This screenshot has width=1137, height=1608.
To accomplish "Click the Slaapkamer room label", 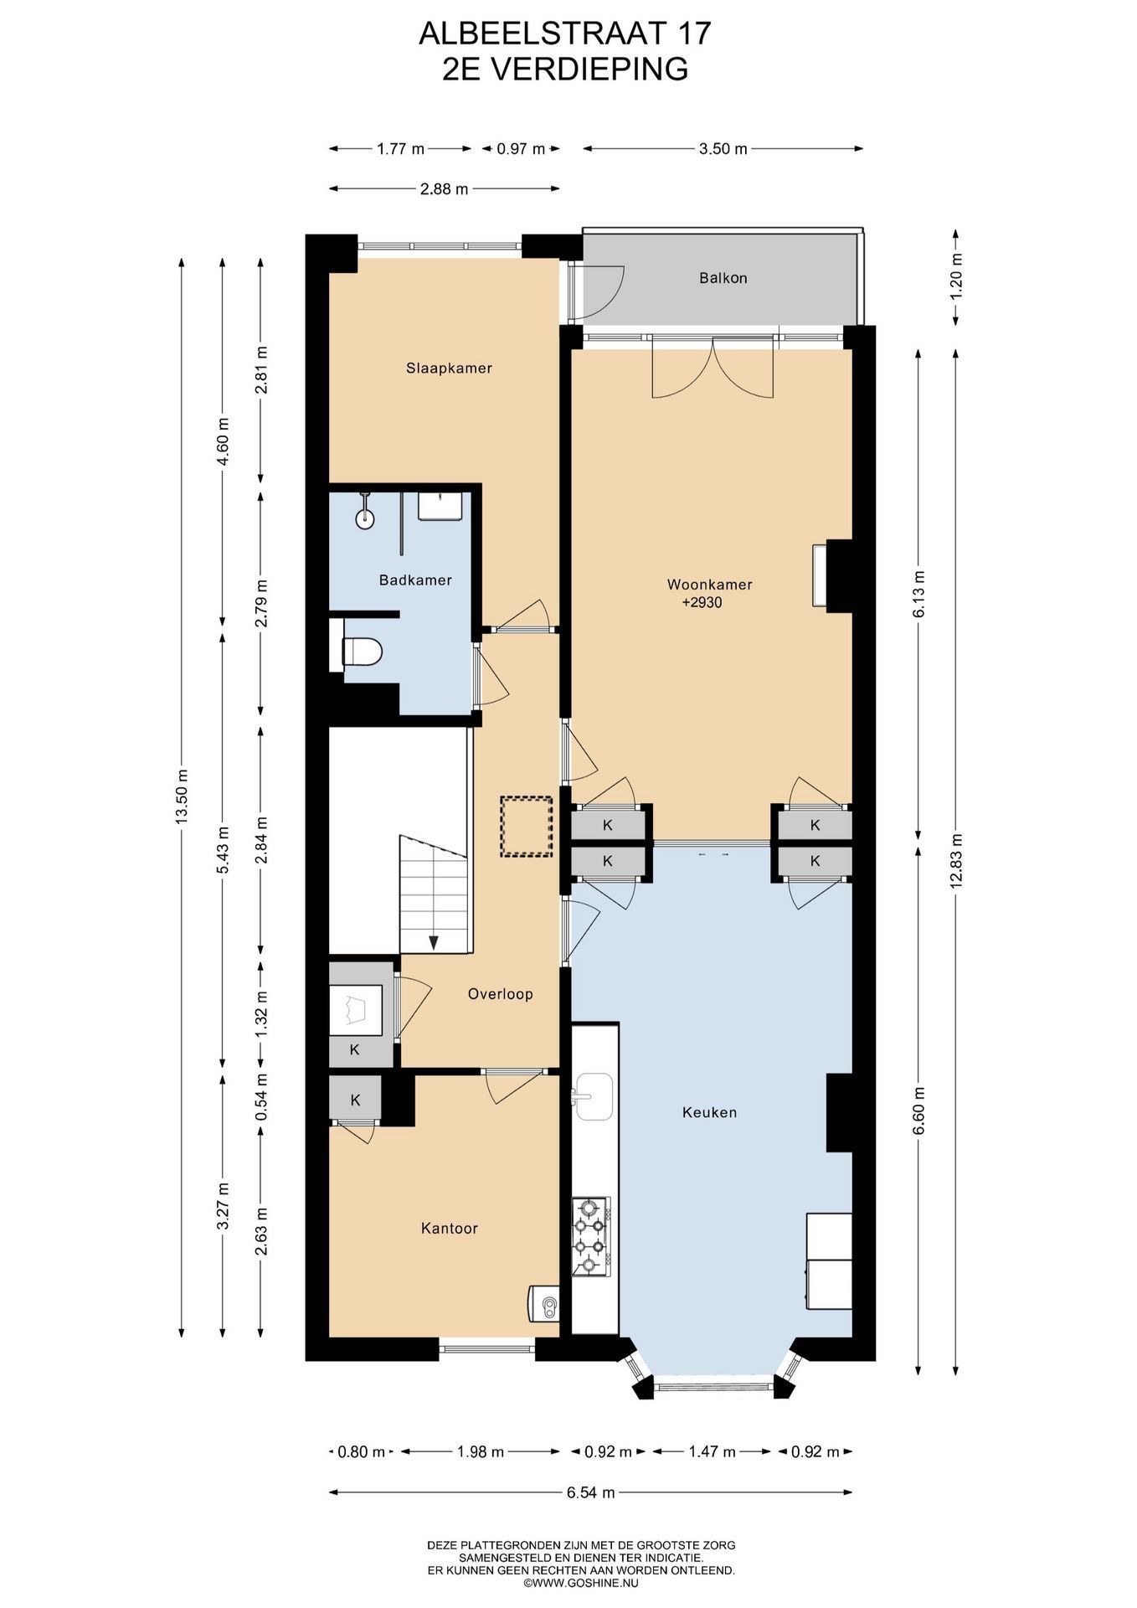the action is point(449,368).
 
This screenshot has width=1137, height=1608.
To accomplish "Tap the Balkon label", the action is point(723,278).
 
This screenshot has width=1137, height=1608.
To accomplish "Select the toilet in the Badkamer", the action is point(362,652).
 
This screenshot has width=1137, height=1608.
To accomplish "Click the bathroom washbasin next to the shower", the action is point(440,507).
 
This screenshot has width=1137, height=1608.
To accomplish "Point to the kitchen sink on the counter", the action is point(593,1096).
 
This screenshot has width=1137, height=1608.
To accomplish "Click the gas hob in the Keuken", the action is point(591,1236).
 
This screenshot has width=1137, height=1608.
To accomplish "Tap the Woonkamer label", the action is point(709,585).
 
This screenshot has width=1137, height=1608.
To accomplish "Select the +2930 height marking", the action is point(702,602).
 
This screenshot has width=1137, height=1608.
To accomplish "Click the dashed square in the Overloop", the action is point(527,827).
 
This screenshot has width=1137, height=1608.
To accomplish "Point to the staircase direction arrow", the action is point(434,942).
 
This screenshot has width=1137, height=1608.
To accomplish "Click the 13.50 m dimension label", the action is point(182,796).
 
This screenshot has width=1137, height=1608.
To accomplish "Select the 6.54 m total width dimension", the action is point(591,1492).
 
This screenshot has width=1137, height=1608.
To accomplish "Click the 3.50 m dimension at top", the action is point(723,149).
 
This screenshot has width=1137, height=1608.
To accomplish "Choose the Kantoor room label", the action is point(450,1229).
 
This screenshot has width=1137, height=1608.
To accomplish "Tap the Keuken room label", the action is point(710,1112).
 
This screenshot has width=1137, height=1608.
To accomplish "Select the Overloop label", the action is point(501,994).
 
